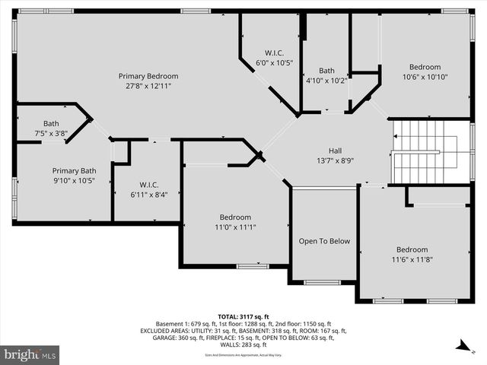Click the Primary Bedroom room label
(148, 76)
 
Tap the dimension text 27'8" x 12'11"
(148, 86)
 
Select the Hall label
(336, 151)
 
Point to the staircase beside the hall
(426, 151)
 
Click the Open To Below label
(324, 241)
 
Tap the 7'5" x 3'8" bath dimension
(51, 134)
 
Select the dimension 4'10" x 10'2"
(326, 80)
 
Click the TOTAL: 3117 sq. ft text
(243, 316)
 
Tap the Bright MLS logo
(30, 354)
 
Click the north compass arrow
(461, 347)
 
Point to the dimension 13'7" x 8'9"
(336, 160)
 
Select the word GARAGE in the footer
(154, 338)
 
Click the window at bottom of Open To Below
(323, 282)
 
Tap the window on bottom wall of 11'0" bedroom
(252, 266)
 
